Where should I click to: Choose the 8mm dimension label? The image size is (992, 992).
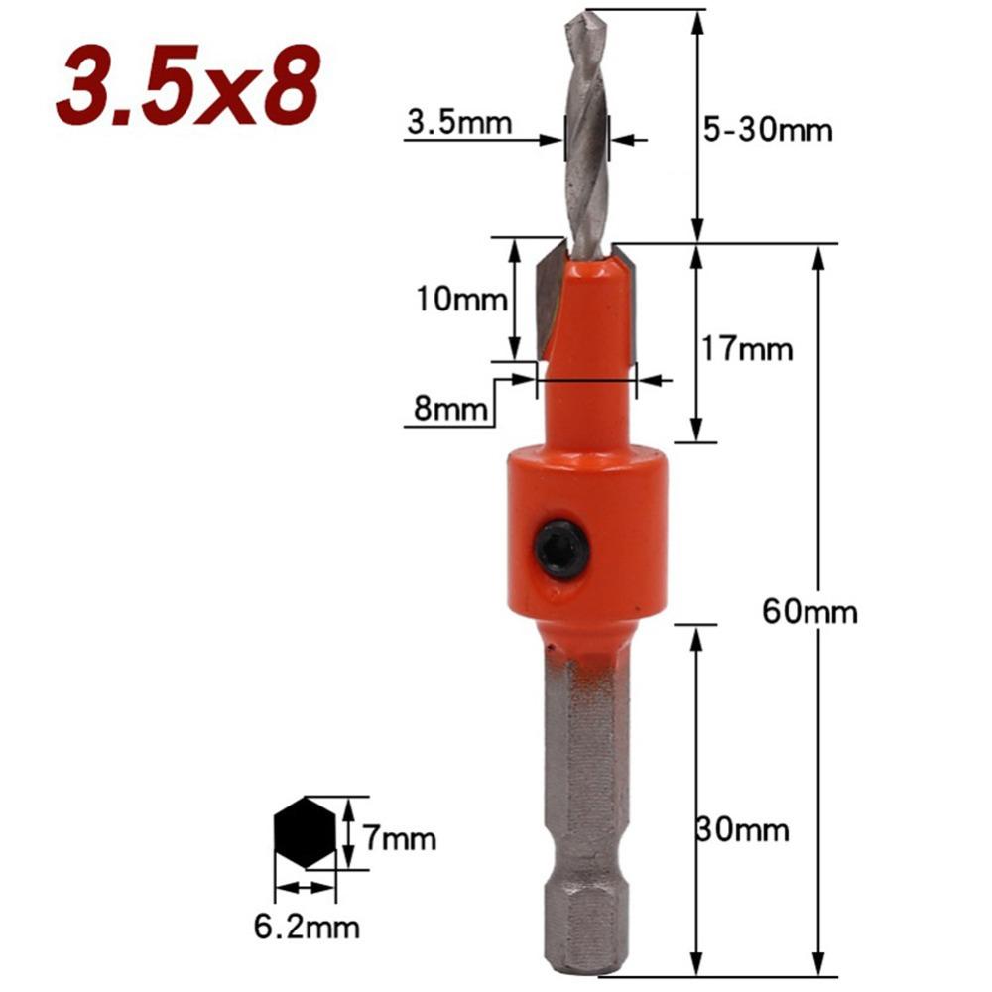(x=446, y=409)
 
